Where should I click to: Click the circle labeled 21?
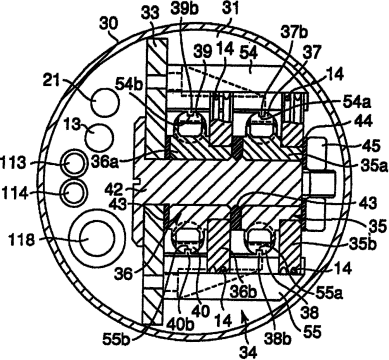click(x=105, y=102)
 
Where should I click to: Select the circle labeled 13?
click(x=99, y=138)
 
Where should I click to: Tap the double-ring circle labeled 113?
click(x=74, y=163)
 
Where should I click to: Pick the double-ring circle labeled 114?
click(x=72, y=192)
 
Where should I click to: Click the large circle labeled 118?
click(x=91, y=238)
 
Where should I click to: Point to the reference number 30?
click(x=108, y=24)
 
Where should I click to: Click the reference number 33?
click(x=151, y=14)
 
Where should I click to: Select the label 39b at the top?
click(x=185, y=9)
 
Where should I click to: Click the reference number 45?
click(x=370, y=146)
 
